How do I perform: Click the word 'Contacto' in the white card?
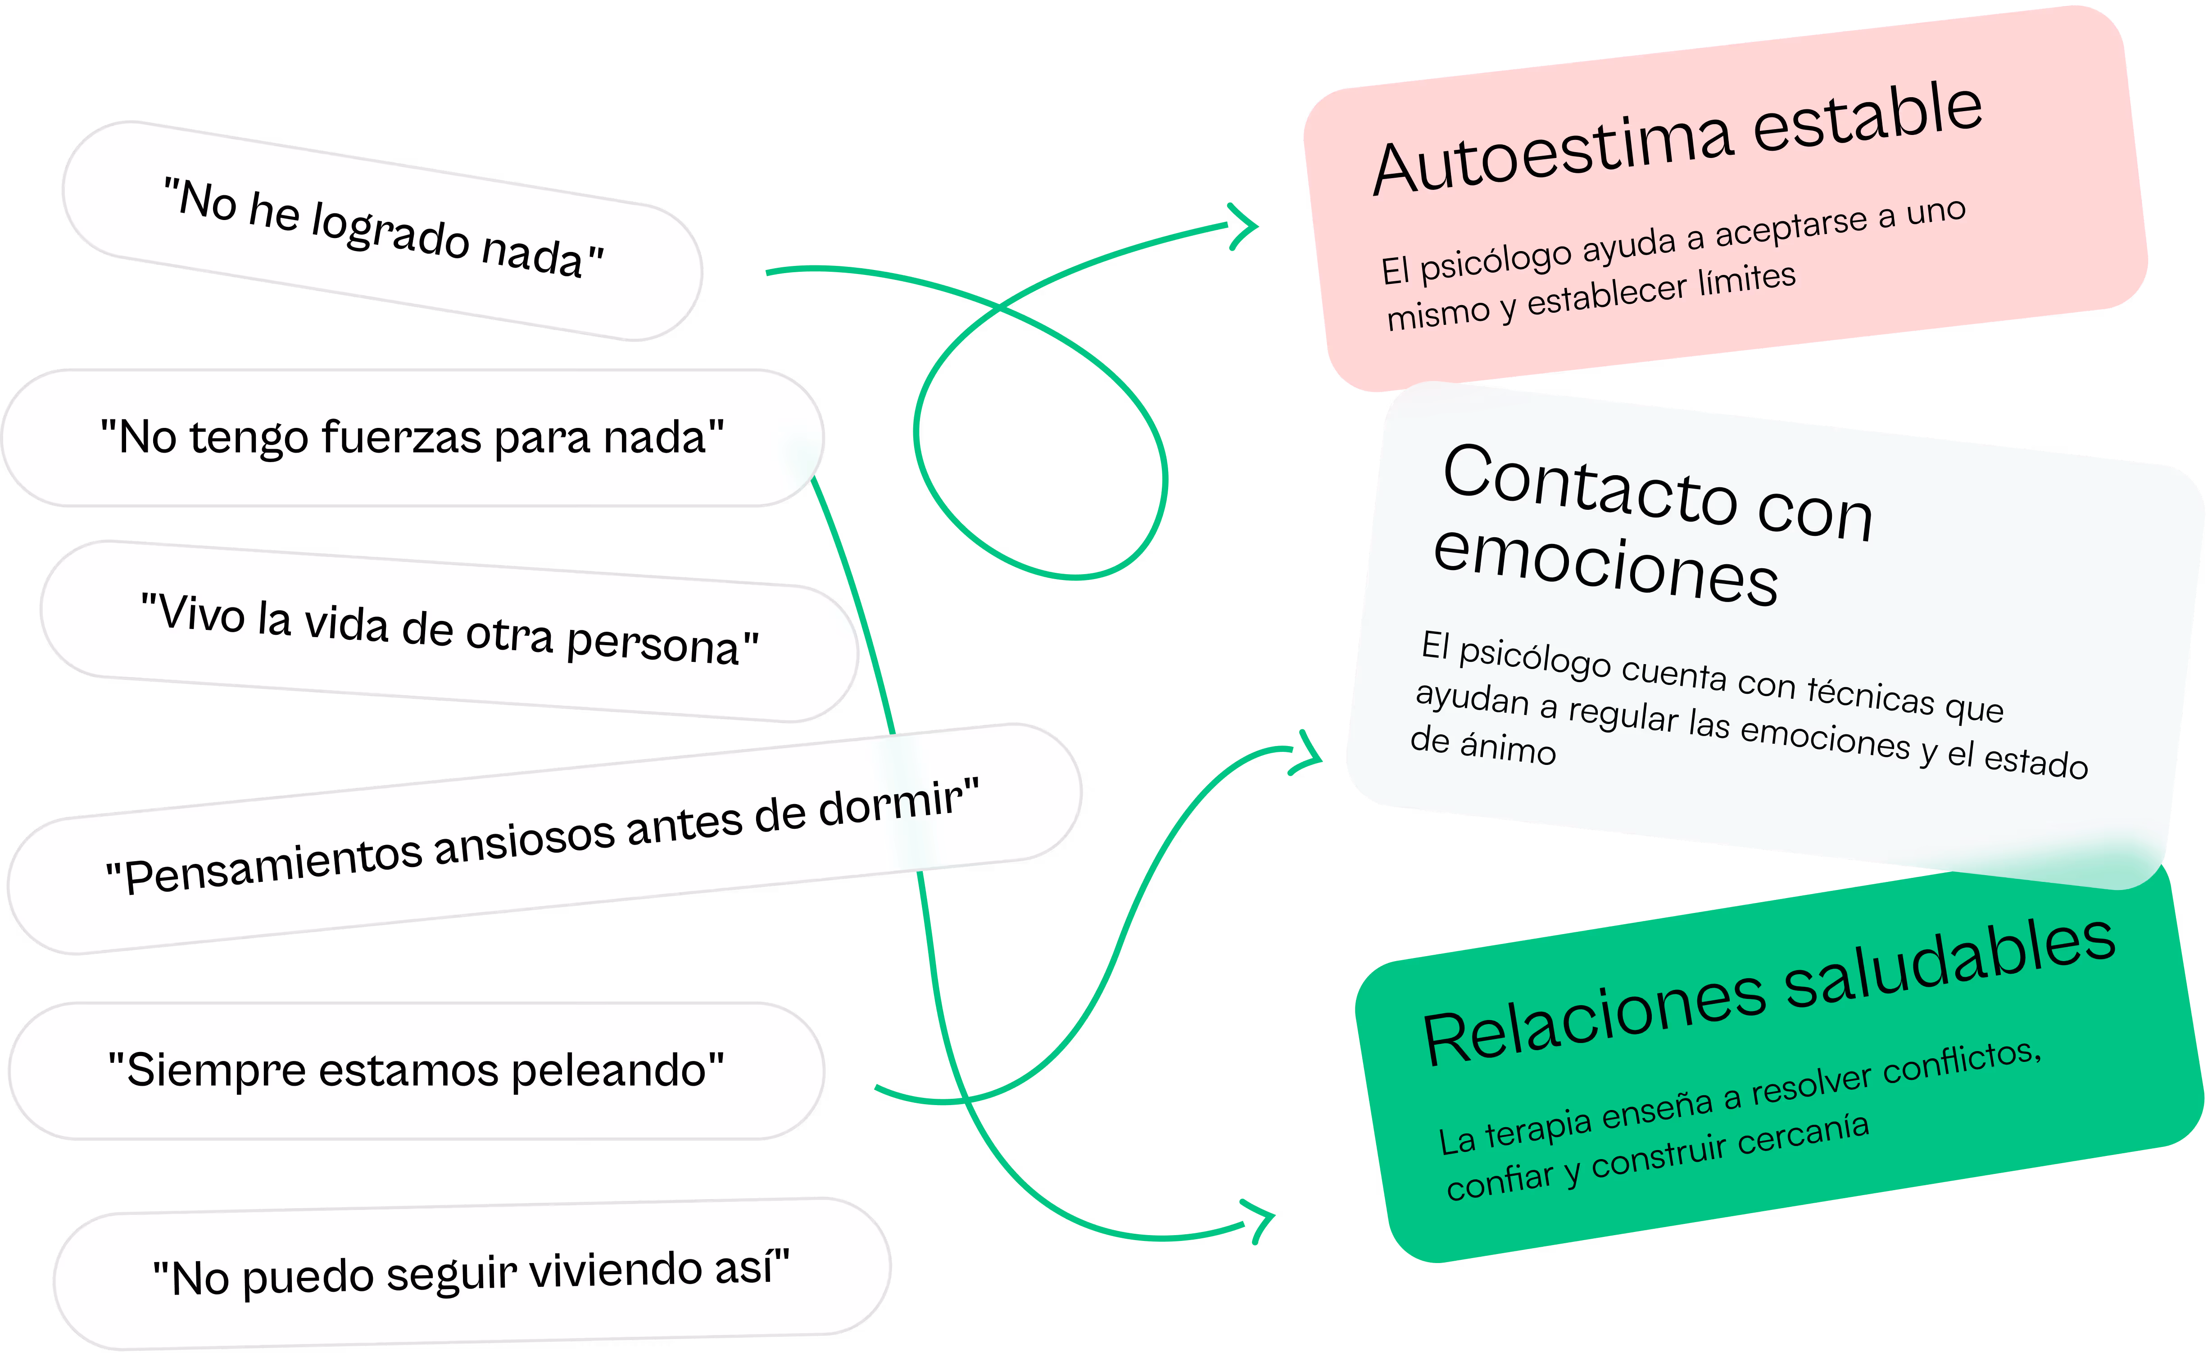(x=1589, y=485)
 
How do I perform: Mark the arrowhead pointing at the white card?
(x=1309, y=754)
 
